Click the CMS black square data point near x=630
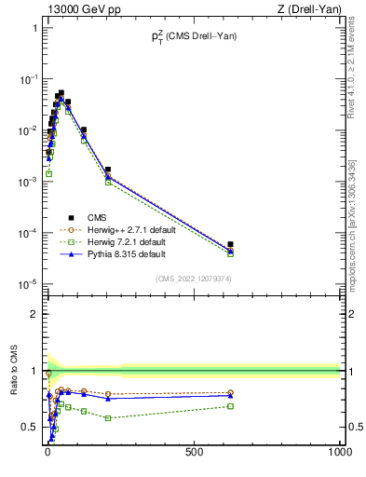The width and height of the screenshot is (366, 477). pos(230,244)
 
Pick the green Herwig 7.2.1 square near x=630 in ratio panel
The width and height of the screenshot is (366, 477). pos(230,406)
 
